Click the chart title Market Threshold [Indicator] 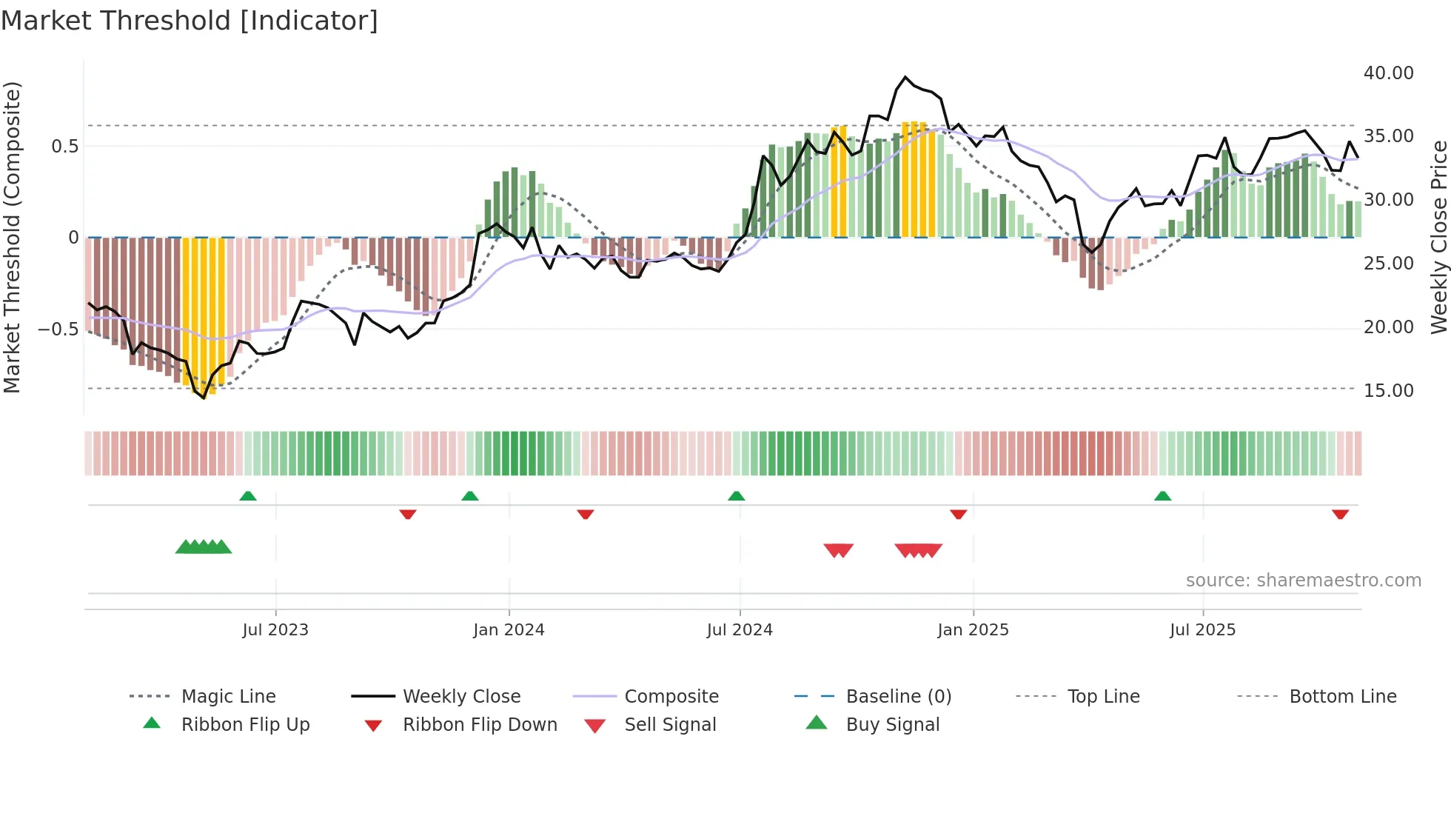click(x=190, y=21)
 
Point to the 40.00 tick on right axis click(x=1388, y=73)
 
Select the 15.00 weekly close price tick click(x=1388, y=390)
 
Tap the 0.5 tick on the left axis click(x=65, y=146)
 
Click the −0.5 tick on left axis click(x=58, y=329)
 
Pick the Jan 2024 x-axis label click(x=509, y=630)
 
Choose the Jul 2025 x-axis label click(x=1202, y=630)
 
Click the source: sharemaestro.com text click(x=1303, y=581)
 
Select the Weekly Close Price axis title click(x=1438, y=237)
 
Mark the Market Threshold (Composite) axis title click(x=12, y=237)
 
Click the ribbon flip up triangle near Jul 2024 click(x=736, y=496)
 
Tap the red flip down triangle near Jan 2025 click(x=958, y=514)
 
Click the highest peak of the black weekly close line click(x=905, y=77)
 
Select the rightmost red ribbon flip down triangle click(x=1340, y=514)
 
